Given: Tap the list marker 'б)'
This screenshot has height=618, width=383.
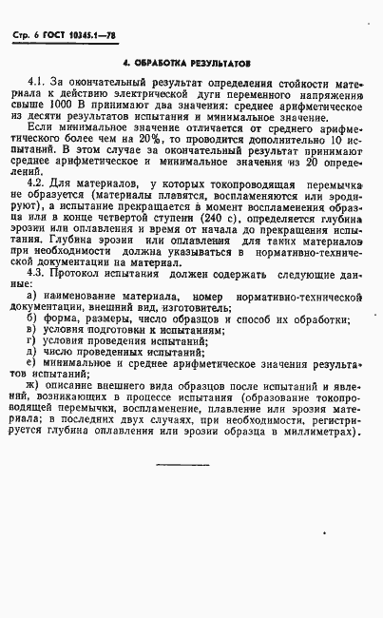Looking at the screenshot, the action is (x=32, y=321).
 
